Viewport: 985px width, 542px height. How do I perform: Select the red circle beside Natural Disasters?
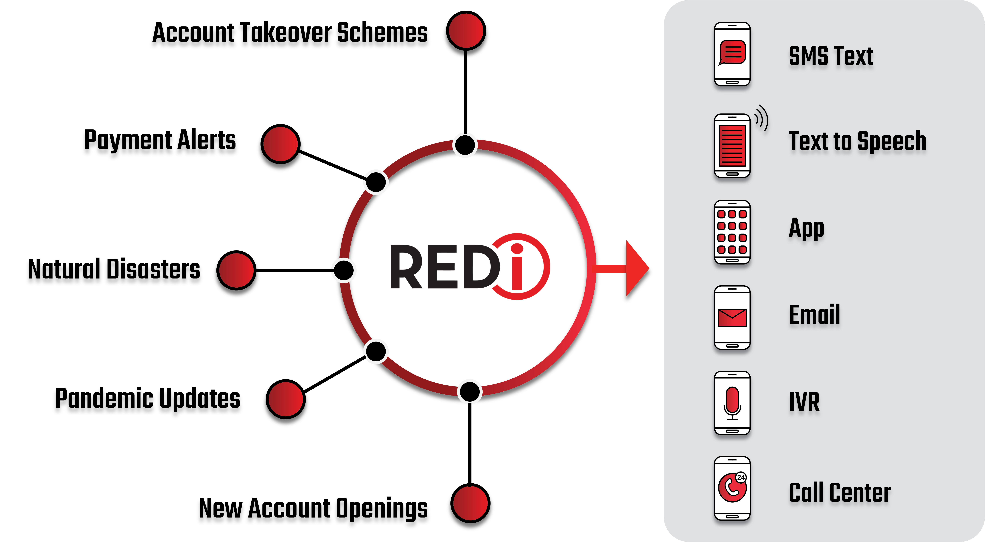236,270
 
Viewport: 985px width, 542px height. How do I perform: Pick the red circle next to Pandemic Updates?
286,399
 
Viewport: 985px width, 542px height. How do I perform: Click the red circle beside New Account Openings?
470,503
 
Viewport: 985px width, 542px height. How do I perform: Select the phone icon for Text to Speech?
732,146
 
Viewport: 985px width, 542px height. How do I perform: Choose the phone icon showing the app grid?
732,232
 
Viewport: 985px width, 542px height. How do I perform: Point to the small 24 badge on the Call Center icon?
741,477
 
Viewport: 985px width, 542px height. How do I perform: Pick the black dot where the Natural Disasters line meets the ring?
344,270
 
